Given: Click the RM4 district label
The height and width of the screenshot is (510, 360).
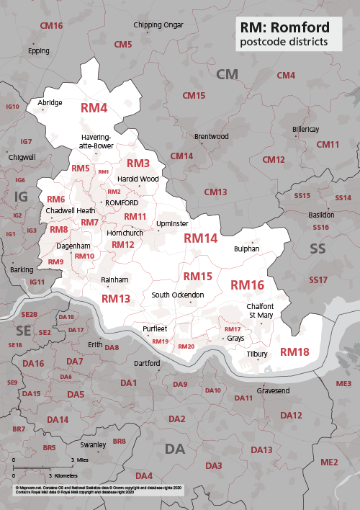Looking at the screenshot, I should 94,108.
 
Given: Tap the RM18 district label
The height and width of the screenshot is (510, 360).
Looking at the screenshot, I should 294,352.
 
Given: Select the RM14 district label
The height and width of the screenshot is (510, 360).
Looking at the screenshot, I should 200,238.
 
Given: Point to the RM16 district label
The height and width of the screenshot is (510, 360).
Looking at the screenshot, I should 247,285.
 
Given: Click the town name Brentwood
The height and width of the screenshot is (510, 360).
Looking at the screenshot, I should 211,136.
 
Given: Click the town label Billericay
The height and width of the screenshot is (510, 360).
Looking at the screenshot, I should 305,129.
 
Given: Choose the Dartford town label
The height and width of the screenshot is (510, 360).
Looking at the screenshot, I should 147,362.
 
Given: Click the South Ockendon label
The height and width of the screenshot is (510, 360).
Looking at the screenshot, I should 178,295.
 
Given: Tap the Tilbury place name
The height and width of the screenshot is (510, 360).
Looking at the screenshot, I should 257,354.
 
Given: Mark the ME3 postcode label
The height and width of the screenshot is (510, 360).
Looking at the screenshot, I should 343,382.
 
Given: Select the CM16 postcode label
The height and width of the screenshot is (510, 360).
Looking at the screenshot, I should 52,25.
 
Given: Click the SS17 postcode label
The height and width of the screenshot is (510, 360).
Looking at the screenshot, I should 318,279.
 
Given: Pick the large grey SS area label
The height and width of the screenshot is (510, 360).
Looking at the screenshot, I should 318,249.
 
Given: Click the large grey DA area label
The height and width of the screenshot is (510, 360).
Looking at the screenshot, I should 175,449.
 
